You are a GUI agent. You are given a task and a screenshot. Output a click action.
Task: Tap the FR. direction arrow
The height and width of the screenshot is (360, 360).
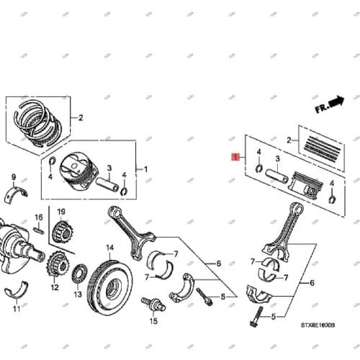[330, 105]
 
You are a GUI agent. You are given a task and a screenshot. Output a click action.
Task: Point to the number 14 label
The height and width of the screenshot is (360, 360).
[110, 248]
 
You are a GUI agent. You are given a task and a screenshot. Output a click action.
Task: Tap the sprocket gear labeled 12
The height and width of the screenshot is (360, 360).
[54, 267]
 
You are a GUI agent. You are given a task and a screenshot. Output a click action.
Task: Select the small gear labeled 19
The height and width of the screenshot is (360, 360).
[61, 232]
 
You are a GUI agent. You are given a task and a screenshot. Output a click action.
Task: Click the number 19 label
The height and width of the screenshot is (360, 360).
[61, 211]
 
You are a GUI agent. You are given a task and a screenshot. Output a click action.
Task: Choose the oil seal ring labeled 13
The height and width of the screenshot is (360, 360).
[79, 274]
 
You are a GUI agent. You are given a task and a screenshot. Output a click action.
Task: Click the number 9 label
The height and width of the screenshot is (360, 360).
[13, 176]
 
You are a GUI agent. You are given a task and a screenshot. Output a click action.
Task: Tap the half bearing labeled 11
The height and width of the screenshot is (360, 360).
[16, 292]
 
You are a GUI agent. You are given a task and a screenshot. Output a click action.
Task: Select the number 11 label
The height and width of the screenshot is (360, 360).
[17, 310]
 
